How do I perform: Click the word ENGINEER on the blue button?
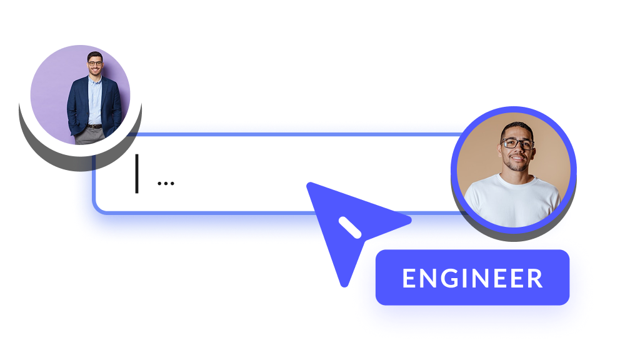click(472, 279)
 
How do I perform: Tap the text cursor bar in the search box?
click(137, 173)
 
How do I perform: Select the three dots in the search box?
click(166, 183)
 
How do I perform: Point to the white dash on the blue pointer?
click(349, 228)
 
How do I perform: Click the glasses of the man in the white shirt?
click(517, 143)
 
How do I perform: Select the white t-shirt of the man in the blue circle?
click(512, 200)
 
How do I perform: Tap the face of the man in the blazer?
click(95, 64)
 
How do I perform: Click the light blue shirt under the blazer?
click(95, 100)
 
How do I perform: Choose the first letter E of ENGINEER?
click(409, 279)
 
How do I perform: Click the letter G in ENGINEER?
click(453, 279)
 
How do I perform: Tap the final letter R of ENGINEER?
click(535, 279)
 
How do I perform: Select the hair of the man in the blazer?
click(95, 55)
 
